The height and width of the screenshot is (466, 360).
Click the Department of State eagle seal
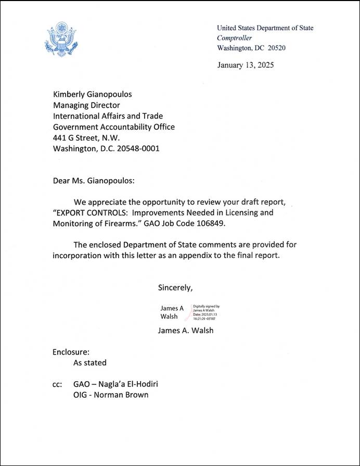click(x=61, y=40)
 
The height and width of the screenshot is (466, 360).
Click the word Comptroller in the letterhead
click(x=235, y=38)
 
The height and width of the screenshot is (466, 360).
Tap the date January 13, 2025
click(x=245, y=65)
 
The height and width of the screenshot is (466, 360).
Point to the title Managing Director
click(x=87, y=105)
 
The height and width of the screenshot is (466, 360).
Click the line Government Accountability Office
click(x=114, y=127)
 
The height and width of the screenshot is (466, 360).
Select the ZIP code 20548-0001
click(x=137, y=148)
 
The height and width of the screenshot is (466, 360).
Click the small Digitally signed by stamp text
click(x=206, y=307)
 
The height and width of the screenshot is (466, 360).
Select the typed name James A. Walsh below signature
click(x=186, y=330)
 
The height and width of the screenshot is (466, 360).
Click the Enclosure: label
click(x=71, y=351)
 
